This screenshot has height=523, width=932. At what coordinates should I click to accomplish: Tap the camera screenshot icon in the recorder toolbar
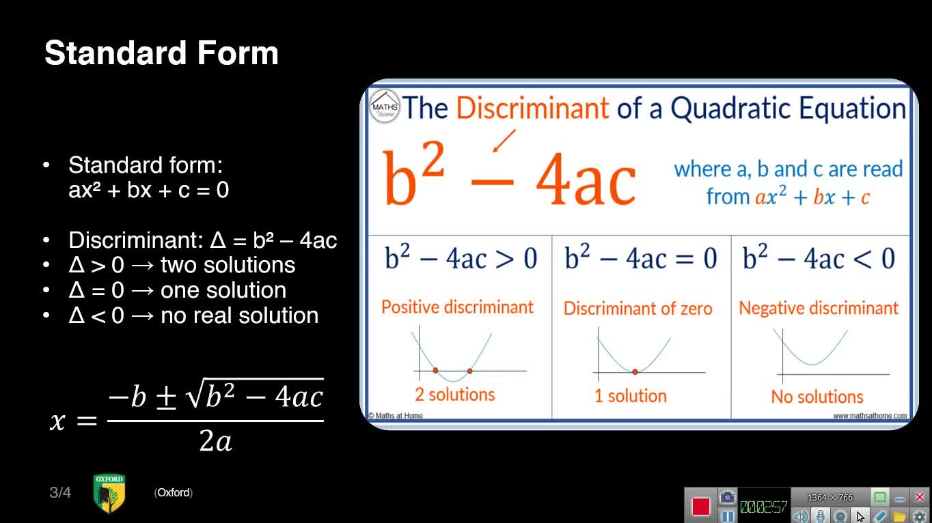727,497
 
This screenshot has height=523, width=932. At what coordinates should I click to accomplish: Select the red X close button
920,497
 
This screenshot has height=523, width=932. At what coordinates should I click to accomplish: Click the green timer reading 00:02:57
763,507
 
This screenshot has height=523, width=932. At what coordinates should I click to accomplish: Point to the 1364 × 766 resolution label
830,497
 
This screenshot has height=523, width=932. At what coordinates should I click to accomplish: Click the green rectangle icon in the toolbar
879,497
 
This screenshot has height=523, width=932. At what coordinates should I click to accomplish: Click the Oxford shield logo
109,494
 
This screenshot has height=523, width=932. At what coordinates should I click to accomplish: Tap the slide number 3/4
60,493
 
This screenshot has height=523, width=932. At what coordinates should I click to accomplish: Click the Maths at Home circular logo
385,107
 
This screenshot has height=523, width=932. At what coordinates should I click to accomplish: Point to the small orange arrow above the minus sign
504,141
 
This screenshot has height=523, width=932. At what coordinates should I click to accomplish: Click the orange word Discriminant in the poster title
532,108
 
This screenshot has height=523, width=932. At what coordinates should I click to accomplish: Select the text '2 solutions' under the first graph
455,395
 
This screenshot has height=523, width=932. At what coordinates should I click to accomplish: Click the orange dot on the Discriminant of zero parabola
635,371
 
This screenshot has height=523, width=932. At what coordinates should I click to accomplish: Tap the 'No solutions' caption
817,397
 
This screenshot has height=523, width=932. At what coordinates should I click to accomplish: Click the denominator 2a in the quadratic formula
215,440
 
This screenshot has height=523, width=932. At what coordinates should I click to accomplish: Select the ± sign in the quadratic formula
166,397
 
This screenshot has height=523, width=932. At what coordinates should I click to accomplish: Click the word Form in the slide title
238,53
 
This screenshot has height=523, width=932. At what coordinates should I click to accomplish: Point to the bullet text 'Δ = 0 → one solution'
177,290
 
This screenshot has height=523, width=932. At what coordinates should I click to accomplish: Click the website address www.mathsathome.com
870,416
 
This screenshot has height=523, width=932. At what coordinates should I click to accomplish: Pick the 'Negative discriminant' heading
819,308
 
